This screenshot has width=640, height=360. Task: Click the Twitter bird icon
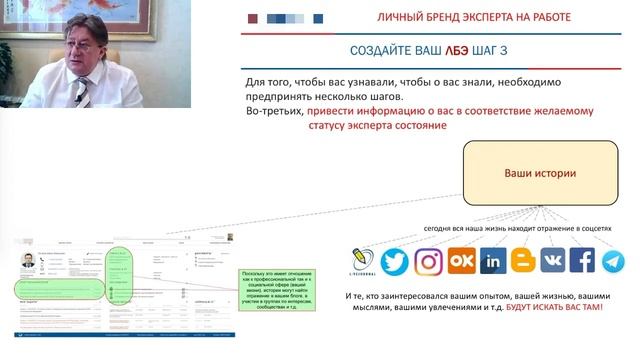click(x=395, y=261)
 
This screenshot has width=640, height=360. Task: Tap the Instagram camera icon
click(x=429, y=261)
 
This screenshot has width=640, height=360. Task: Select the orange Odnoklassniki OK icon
click(x=460, y=261)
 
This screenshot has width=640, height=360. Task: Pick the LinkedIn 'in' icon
click(x=492, y=261)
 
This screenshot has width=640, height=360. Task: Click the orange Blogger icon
click(x=523, y=261)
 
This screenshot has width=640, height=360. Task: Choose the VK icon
click(x=553, y=261)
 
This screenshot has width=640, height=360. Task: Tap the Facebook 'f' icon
click(x=582, y=261)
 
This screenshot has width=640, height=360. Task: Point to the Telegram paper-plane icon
click(x=612, y=261)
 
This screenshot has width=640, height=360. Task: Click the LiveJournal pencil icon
click(x=362, y=261)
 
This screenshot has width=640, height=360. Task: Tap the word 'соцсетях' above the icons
click(x=587, y=229)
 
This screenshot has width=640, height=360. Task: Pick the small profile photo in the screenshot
click(x=28, y=261)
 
